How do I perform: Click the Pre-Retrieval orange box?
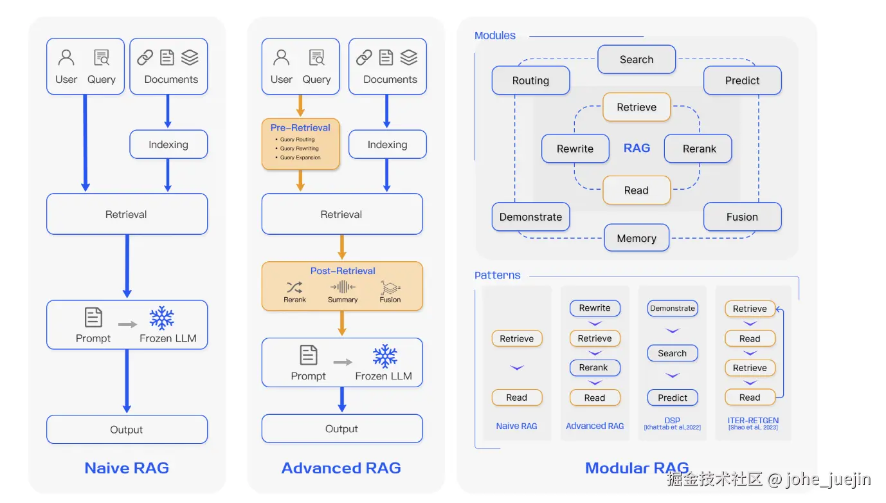click(300, 143)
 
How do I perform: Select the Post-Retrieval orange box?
click(342, 286)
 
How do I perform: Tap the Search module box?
click(637, 60)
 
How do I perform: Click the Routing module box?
click(530, 80)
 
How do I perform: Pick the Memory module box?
click(637, 238)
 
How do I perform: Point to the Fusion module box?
click(742, 217)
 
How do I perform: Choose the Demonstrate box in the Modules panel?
click(530, 217)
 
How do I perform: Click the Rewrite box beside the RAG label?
click(575, 149)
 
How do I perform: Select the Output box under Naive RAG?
click(127, 429)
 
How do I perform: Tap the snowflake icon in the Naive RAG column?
click(162, 318)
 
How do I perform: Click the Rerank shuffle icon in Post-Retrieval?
click(294, 287)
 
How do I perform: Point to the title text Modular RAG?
click(637, 468)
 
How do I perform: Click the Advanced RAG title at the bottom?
click(341, 468)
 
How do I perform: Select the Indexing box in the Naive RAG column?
click(168, 144)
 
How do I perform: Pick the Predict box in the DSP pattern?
click(673, 398)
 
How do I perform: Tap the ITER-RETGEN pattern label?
click(753, 421)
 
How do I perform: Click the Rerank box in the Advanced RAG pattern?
click(595, 368)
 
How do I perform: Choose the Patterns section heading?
click(497, 275)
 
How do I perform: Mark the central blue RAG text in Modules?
click(637, 148)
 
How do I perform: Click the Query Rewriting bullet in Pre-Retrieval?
click(299, 149)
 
